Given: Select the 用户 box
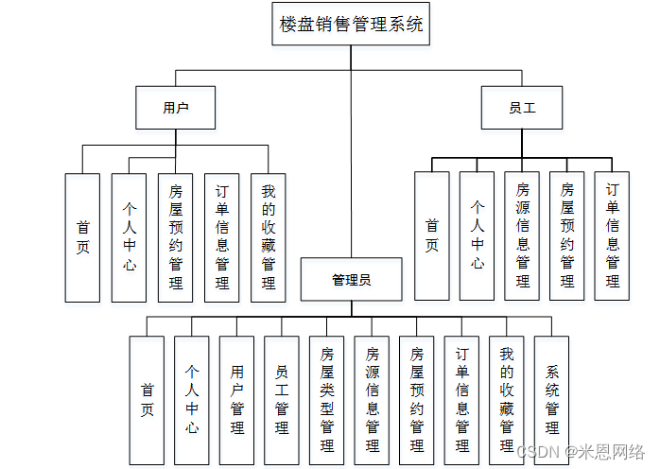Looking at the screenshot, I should [175, 108].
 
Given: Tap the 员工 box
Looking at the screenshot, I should [522, 108].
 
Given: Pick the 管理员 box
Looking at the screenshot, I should [351, 280].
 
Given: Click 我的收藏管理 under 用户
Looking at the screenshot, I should [269, 237].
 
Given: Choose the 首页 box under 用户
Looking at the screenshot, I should [82, 237].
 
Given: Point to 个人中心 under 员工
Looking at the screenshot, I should [478, 235].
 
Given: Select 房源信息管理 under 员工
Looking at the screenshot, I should [523, 235].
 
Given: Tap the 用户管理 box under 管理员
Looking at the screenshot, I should [237, 400].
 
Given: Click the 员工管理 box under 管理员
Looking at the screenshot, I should [282, 400].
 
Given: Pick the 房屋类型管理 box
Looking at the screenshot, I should [327, 400].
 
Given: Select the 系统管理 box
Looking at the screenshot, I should [552, 400].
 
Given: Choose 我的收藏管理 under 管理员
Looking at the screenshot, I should [507, 400].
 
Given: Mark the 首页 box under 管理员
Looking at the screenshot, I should [148, 400].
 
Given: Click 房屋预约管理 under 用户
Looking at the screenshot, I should [175, 237].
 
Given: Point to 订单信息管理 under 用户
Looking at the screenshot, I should [222, 237].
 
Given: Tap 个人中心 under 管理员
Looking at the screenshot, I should [192, 400].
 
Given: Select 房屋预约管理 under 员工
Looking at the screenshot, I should [567, 235].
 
